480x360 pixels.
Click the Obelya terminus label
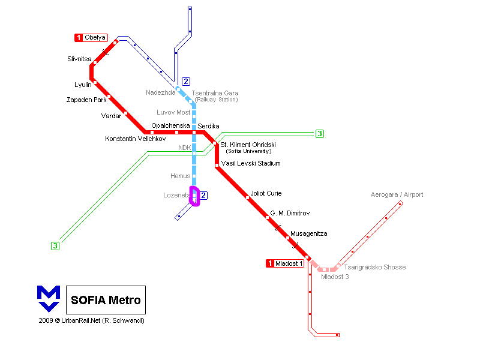pyautogui.click(x=95, y=37)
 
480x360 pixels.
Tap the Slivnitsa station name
pyautogui.click(x=79, y=59)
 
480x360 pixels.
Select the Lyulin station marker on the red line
pyautogui.click(x=95, y=82)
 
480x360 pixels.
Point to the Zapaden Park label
pyautogui.click(x=86, y=100)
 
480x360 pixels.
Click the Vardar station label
pyautogui.click(x=111, y=116)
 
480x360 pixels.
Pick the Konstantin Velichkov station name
pyautogui.click(x=136, y=139)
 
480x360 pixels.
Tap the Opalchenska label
pyautogui.click(x=170, y=125)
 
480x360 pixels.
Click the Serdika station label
pyautogui.click(x=208, y=126)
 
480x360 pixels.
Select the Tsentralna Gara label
pyautogui.click(x=215, y=93)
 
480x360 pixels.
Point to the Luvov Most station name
pyautogui.click(x=173, y=112)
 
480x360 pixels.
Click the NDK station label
pyautogui.click(x=185, y=148)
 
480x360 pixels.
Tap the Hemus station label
pyautogui.click(x=181, y=176)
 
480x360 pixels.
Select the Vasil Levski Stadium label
pyautogui.click(x=251, y=163)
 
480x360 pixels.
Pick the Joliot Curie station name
pyautogui.click(x=266, y=193)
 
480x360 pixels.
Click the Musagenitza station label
pyautogui.click(x=308, y=233)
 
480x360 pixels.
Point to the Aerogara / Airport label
pyautogui.click(x=397, y=194)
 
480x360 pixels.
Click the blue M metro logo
pyautogui.click(x=49, y=299)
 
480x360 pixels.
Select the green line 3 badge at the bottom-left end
pyautogui.click(x=55, y=246)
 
